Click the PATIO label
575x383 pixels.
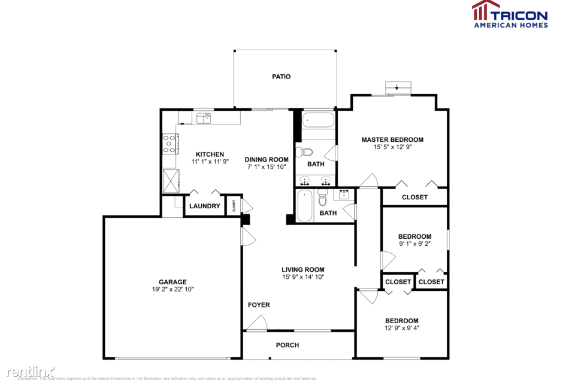[281, 77]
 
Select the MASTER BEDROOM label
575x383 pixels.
[392, 139]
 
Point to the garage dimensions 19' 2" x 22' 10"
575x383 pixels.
[172, 289]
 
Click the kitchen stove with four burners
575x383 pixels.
[170, 144]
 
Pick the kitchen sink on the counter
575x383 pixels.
[204, 118]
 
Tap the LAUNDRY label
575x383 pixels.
[204, 206]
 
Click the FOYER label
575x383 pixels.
[259, 305]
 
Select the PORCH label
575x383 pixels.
[287, 345]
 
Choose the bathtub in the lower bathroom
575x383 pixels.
[304, 206]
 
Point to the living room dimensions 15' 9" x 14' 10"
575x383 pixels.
[302, 277]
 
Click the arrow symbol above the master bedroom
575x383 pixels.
[397, 87]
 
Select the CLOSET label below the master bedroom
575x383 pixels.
[414, 197]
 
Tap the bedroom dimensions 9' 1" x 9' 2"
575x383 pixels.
[414, 244]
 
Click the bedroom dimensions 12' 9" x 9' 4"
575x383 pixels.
[401, 328]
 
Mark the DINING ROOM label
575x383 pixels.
[267, 160]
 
